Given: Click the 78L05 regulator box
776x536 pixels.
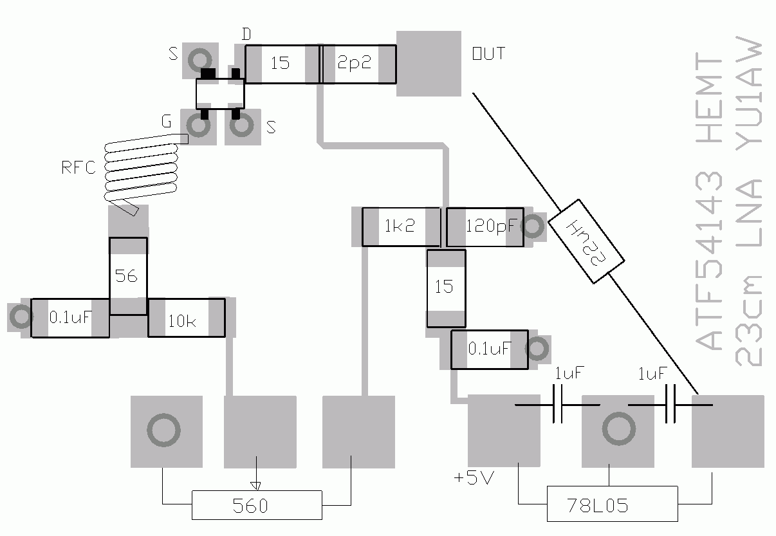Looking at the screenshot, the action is pos(612,503).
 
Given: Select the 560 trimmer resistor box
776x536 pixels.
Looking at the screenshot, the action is pos(257,505).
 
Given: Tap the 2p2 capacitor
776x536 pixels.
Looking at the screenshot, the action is pos(359,64).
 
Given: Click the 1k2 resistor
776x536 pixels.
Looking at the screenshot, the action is pos(401,227).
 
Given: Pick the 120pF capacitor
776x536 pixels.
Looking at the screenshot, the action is pos(485,227).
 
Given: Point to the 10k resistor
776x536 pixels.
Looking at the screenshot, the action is pos(187,318).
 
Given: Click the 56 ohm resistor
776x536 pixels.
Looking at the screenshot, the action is pos(128,276).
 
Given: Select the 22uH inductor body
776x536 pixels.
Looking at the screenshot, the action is pos(586,241).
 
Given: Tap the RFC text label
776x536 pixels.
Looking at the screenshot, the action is pos(79,167).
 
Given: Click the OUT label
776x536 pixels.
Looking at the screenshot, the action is pos(488,53).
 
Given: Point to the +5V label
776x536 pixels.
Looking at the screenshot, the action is pos(474,478).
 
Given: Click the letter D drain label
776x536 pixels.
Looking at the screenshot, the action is pos(246,34).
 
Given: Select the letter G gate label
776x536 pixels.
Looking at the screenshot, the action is pos(166,121).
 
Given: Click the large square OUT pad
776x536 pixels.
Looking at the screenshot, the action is pos(429,64).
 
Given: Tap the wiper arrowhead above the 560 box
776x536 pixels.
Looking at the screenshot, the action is pos(255,486).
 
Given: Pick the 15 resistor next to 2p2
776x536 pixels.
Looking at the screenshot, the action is pos(282,64).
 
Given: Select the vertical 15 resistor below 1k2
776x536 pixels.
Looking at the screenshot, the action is pos(446,288).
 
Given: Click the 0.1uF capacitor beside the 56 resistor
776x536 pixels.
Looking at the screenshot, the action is pos(70,318).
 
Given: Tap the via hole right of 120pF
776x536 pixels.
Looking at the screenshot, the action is pos(533,226).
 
